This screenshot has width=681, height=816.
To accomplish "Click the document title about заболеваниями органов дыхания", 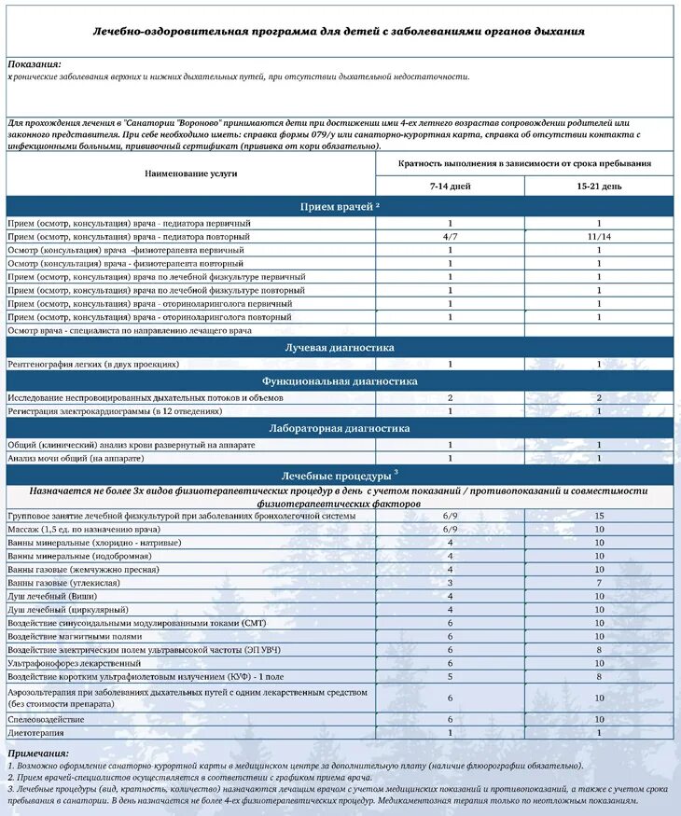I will (x=339, y=32).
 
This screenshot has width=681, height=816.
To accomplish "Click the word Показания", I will (x=35, y=63).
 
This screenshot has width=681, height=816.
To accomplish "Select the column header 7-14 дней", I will (x=450, y=187).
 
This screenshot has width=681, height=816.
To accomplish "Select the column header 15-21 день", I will (x=599, y=187).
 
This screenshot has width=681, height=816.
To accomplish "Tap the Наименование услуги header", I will (x=190, y=173).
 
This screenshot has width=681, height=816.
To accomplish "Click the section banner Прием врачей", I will (x=339, y=206).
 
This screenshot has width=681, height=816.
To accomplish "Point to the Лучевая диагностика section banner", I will (x=339, y=347).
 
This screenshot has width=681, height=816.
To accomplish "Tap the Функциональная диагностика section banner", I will (x=339, y=380).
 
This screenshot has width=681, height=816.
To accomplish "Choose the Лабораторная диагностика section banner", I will (x=339, y=428).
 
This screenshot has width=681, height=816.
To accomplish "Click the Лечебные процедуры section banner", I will (x=339, y=475).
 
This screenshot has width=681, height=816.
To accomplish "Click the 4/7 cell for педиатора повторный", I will (x=450, y=237).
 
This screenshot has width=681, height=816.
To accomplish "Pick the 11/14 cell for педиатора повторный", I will (x=599, y=237).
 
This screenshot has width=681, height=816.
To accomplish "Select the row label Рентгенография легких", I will (x=93, y=364).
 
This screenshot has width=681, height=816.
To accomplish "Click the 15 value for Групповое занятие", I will (x=599, y=516).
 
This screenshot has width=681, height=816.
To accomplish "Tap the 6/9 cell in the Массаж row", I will (x=450, y=529).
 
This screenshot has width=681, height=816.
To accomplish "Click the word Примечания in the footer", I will (x=38, y=753).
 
